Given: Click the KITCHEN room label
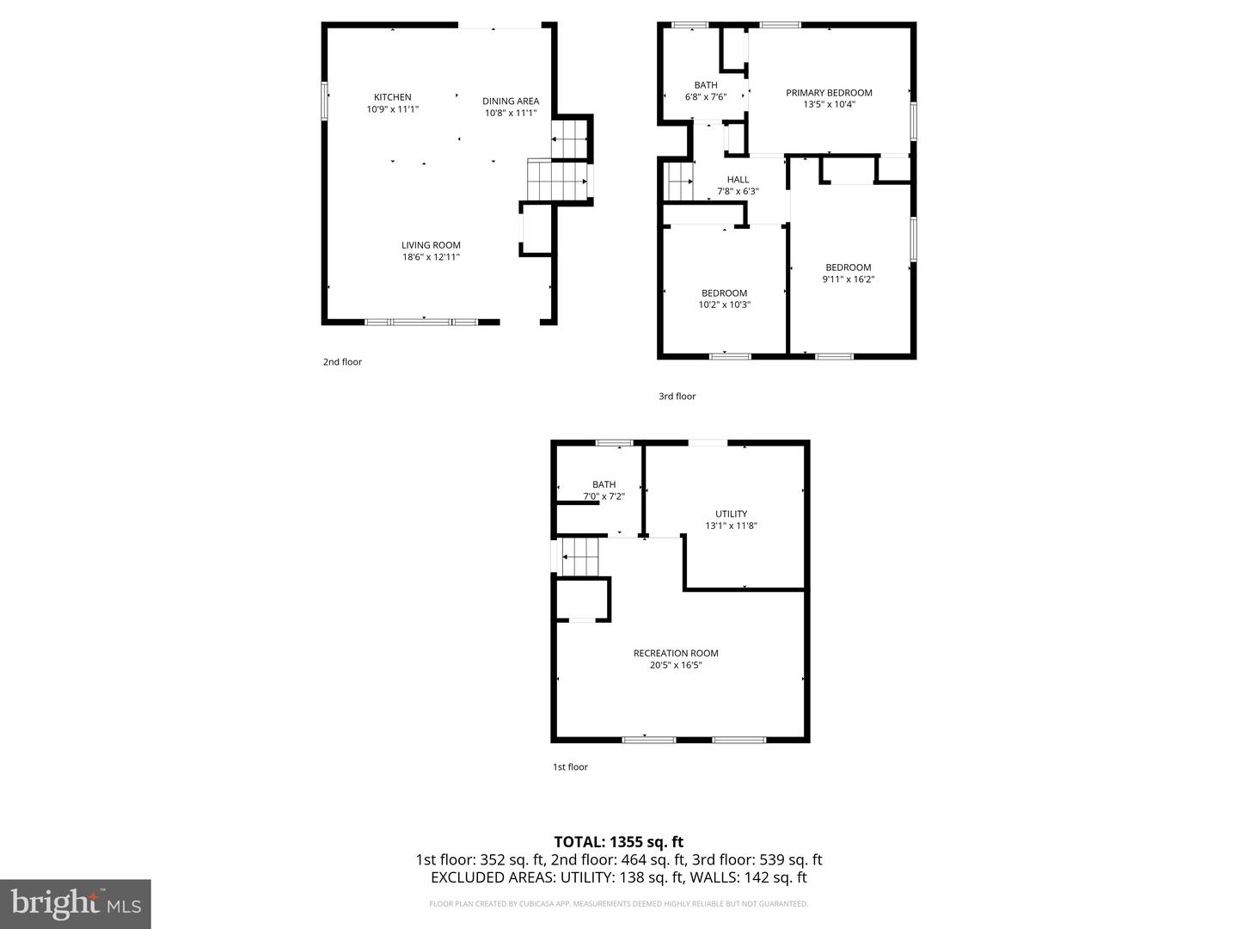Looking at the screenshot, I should coord(392,97).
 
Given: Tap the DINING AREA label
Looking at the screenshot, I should coord(511,101).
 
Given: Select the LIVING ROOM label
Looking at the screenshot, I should coord(431,245).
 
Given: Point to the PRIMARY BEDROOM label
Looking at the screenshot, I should coord(829,93).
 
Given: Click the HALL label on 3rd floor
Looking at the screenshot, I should coord(738,180).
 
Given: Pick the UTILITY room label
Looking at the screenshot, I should coord(731,514).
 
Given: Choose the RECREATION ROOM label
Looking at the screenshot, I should coord(676,653).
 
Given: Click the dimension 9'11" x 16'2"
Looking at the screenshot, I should coord(849,279).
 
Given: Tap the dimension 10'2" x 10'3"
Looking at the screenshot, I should coord(724,305).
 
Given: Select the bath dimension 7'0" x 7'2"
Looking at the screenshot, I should coord(604,496).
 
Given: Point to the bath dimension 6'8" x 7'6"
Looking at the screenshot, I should coord(706,97).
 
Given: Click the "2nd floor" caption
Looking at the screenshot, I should coord(342,362).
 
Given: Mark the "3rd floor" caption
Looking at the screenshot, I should coord(677,397).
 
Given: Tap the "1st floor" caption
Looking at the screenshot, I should coord(570,767).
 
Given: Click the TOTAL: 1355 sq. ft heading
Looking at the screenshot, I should coord(618,842).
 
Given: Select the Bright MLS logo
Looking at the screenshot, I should coord(75,903).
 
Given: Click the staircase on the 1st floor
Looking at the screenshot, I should coord(580,557).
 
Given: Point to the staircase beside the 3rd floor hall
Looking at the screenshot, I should coord(679,182).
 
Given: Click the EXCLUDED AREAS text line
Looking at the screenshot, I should coord(618,877).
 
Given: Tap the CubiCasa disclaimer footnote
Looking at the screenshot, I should coord(618,904).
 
